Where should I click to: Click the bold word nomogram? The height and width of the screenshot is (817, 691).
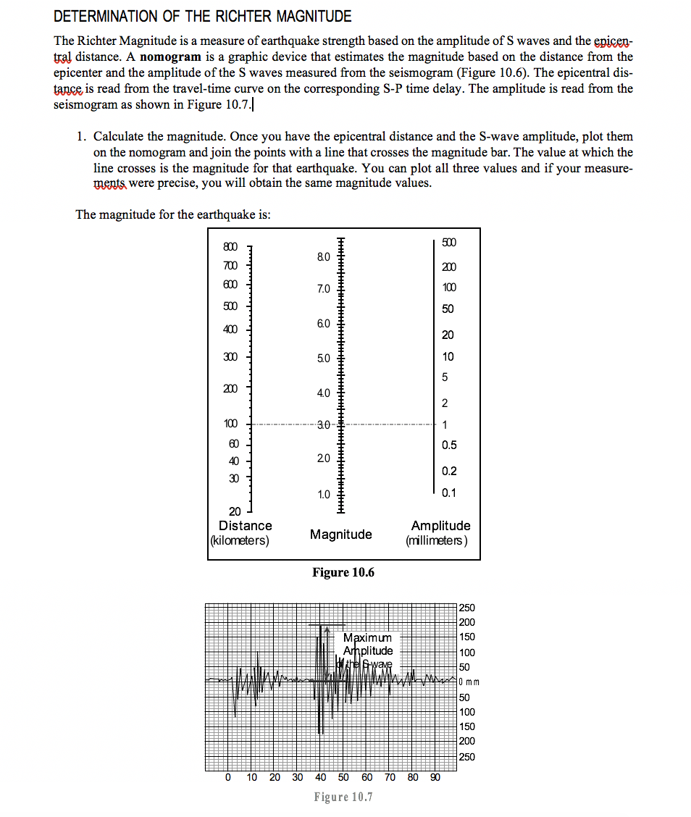[x=171, y=56]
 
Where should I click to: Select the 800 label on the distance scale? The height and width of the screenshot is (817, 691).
[x=230, y=247]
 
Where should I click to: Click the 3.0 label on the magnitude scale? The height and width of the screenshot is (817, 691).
[x=323, y=424]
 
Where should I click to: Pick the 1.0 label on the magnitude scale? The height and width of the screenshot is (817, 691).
[x=323, y=495]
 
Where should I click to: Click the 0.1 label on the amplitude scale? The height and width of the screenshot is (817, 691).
[x=448, y=493]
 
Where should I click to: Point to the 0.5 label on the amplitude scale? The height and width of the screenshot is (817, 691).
[x=448, y=445]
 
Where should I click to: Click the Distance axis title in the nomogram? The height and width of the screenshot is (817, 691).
[x=245, y=526]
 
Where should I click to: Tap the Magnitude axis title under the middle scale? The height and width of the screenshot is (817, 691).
[x=340, y=535]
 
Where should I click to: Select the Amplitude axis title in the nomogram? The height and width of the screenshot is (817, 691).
[x=440, y=526]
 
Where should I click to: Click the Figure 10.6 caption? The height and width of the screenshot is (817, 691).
[x=343, y=573]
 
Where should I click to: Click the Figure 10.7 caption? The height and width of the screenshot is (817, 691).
[x=343, y=797]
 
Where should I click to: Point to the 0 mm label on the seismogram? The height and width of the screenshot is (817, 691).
[x=470, y=682]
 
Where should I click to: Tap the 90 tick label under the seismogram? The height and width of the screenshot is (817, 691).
[x=435, y=777]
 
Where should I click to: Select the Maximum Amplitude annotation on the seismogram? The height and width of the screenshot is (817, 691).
[x=368, y=644]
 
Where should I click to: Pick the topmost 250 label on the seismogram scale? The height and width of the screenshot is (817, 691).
[x=467, y=608]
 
